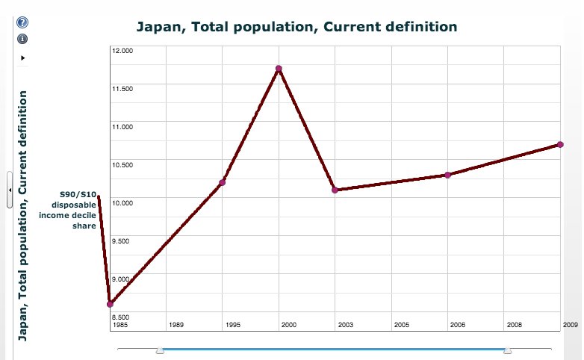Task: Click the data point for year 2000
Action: tap(279, 69)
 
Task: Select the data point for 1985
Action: tap(111, 304)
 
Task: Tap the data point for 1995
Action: tap(223, 182)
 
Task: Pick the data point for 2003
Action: tap(335, 190)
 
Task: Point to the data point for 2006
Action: tap(447, 175)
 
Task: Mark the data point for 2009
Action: tap(560, 144)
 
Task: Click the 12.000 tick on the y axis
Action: tap(122, 51)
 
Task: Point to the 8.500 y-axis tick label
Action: tap(122, 316)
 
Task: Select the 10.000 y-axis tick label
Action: tap(122, 202)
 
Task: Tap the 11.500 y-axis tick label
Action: tap(122, 89)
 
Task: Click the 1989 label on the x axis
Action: tap(176, 325)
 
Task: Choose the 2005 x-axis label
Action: tap(401, 325)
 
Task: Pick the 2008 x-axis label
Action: tap(514, 325)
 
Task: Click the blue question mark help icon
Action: tap(22, 24)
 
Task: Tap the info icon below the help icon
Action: tap(22, 38)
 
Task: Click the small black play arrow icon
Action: tap(22, 57)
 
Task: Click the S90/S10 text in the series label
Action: tap(78, 194)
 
